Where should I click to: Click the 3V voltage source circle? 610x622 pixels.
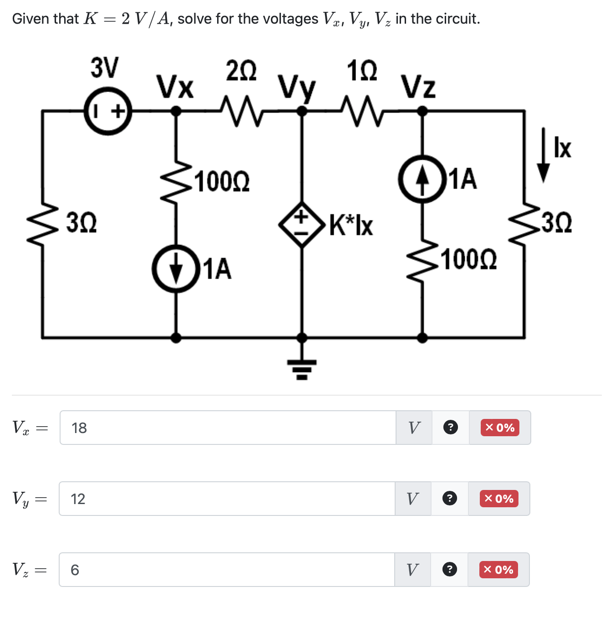pyautogui.click(x=108, y=111)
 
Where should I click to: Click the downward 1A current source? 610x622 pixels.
pyautogui.click(x=176, y=269)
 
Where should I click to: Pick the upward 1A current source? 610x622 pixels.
pyautogui.click(x=422, y=179)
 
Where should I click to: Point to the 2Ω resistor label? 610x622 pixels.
pyautogui.click(x=241, y=71)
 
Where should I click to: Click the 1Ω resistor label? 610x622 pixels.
pyautogui.click(x=362, y=71)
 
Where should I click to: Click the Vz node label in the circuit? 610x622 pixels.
pyautogui.click(x=418, y=87)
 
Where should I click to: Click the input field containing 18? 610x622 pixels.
pyautogui.click(x=228, y=428)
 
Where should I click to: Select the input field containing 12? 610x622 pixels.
pyautogui.click(x=227, y=499)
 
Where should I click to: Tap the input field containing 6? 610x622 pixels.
pyautogui.click(x=226, y=570)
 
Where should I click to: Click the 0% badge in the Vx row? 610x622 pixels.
pyautogui.click(x=500, y=428)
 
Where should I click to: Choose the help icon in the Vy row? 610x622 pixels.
pyautogui.click(x=450, y=499)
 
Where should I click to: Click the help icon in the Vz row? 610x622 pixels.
pyautogui.click(x=449, y=570)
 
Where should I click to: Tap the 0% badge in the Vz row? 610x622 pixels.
pyautogui.click(x=498, y=570)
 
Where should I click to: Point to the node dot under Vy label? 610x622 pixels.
pyautogui.click(x=301, y=111)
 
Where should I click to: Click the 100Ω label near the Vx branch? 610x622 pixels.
pyautogui.click(x=222, y=182)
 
